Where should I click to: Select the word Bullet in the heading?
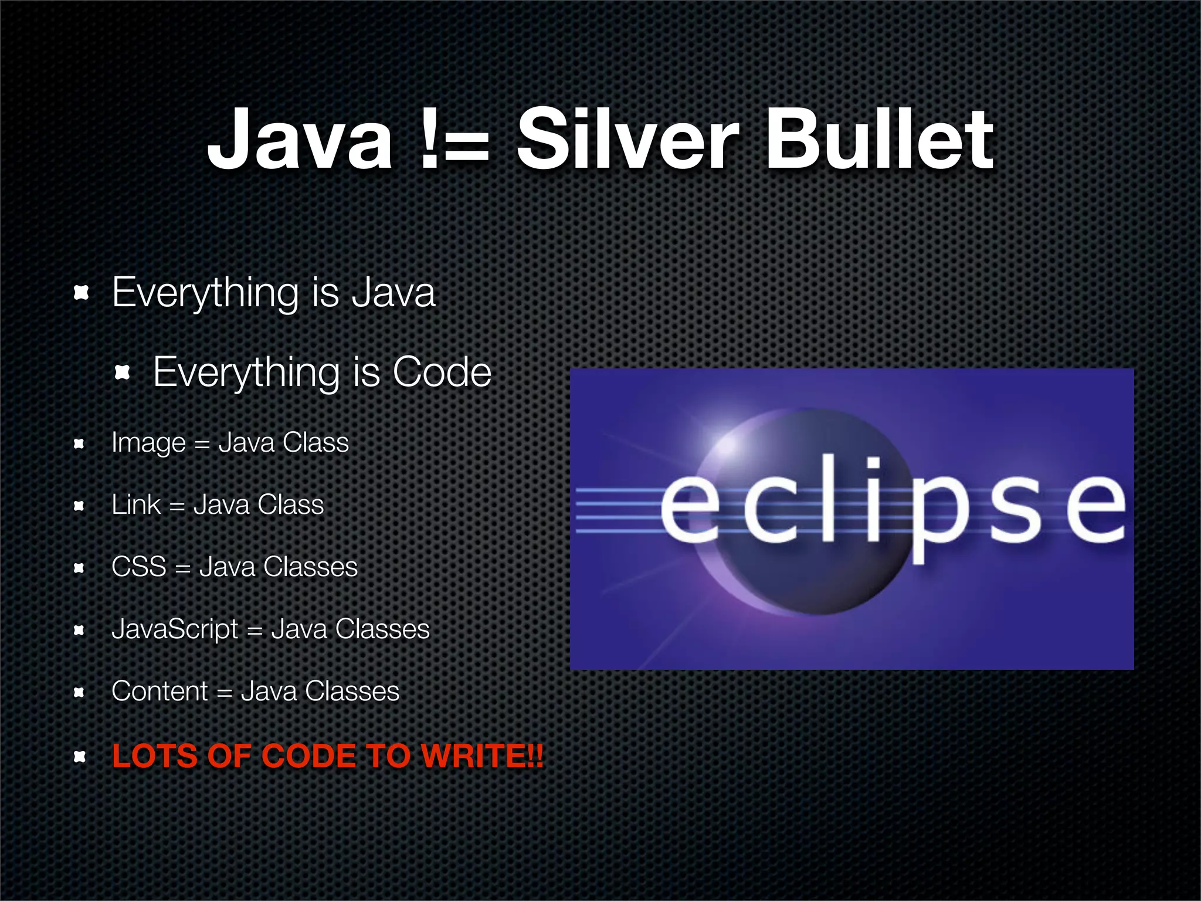pyautogui.click(x=880, y=140)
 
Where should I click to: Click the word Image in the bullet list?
pyautogui.click(x=148, y=443)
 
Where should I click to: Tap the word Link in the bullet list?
pyautogui.click(x=135, y=504)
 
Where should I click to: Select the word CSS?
pyautogui.click(x=139, y=567)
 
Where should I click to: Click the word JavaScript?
pyautogui.click(x=175, y=629)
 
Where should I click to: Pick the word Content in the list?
pyautogui.click(x=160, y=691)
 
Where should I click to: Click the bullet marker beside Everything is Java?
pyautogui.click(x=81, y=292)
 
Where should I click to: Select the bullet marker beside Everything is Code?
pyautogui.click(x=122, y=372)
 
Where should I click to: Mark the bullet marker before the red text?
pyautogui.click(x=80, y=757)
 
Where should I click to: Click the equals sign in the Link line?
pyautogui.click(x=177, y=506)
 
